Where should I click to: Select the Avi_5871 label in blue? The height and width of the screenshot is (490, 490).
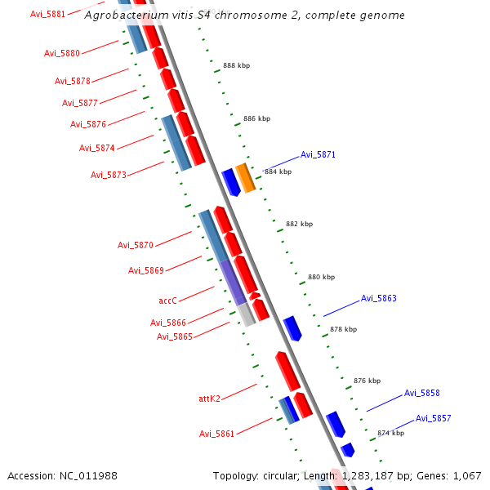tap(318, 154)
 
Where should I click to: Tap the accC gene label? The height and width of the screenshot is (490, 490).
tap(167, 301)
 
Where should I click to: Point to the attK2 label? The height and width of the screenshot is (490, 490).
tap(209, 399)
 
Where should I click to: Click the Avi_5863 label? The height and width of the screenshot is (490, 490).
tap(378, 298)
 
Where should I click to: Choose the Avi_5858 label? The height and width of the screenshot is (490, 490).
tap(421, 393)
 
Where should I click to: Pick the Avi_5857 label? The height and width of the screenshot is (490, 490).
tap(433, 418)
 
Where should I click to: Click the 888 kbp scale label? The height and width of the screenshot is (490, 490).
tap(236, 65)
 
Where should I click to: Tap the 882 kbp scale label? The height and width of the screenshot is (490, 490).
tap(299, 224)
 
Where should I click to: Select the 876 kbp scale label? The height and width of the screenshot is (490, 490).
tap(367, 381)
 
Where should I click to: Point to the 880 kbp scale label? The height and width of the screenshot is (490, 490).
tap(321, 277)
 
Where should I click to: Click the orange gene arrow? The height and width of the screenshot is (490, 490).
tap(246, 178)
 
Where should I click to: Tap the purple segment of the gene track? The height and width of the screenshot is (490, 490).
tap(232, 282)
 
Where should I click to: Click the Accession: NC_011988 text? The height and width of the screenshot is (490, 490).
tap(62, 475)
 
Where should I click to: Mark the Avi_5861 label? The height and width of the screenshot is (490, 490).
tap(216, 433)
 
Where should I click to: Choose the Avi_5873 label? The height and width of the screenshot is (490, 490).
tap(108, 175)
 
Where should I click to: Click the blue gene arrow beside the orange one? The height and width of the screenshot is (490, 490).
tap(230, 182)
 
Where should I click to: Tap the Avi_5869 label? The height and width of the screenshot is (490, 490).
tap(145, 270)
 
